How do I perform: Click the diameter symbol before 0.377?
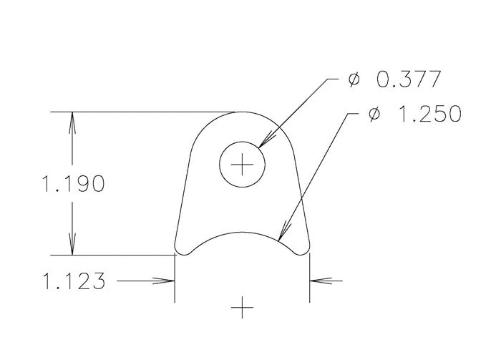point(354,79)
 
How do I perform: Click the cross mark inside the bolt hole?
point(243,166)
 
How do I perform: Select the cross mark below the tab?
point(243,308)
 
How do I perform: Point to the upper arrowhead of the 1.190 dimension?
point(71,122)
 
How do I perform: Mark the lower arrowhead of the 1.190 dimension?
point(71,245)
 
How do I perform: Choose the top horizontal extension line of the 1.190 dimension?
point(143,112)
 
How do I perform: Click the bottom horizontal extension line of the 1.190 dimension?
point(115,255)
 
